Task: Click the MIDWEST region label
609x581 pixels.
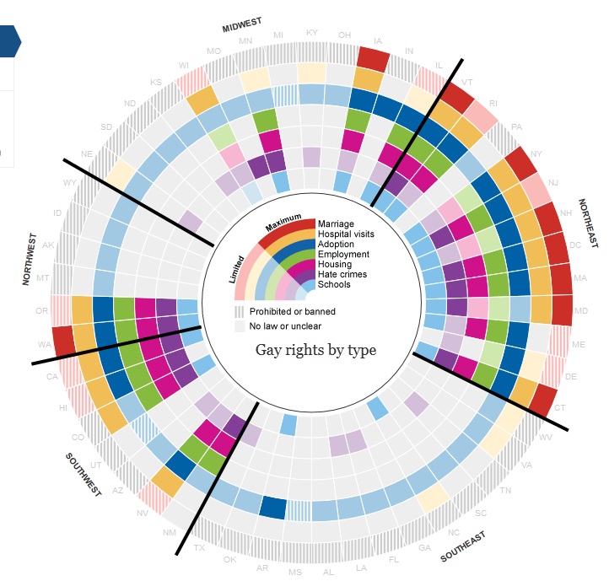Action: (x=242, y=24)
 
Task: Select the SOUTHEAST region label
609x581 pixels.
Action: (x=463, y=547)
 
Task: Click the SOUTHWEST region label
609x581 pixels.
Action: (x=84, y=475)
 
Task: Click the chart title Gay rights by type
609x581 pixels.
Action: (x=316, y=350)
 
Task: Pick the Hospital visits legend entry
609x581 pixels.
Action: (x=347, y=234)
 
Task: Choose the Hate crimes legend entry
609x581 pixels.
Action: (x=342, y=275)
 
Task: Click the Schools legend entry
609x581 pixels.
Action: (x=334, y=285)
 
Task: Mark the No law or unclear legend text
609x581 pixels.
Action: (x=285, y=326)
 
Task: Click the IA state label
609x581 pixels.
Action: (x=377, y=40)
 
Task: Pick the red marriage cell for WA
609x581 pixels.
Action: (x=63, y=340)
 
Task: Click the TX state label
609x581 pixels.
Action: (x=199, y=547)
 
